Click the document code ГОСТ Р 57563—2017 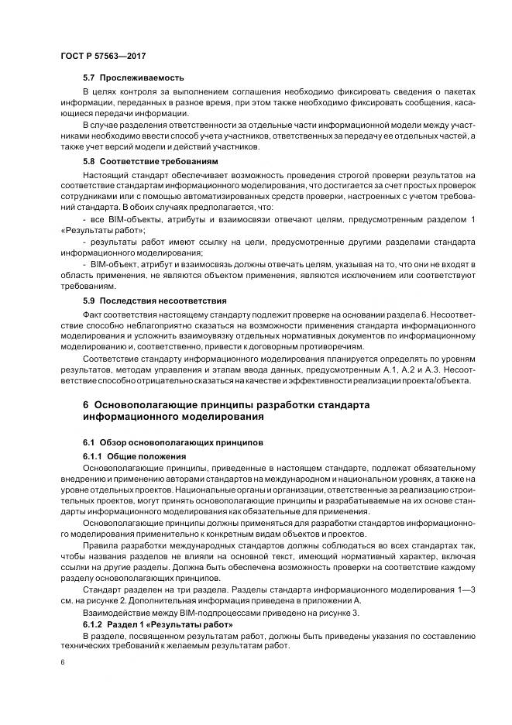(103, 57)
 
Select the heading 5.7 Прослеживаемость (133, 77)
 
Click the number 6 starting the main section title (86, 405)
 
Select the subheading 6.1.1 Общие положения (129, 455)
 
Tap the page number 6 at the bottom (61, 663)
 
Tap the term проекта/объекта (450, 380)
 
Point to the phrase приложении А (353, 600)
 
